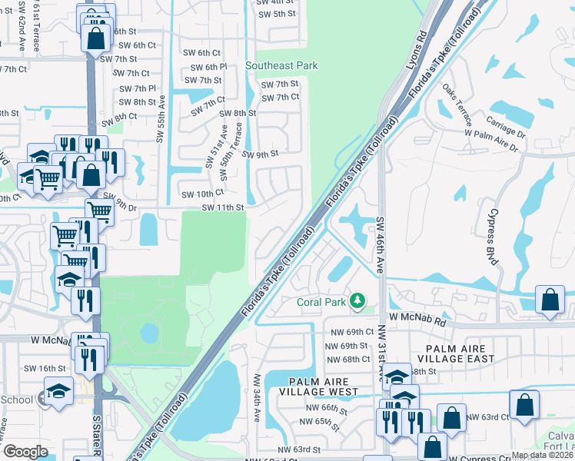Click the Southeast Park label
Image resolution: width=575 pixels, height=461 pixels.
281,66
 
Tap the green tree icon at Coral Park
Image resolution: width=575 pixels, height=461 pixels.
357,300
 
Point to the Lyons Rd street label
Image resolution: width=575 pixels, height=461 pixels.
416,50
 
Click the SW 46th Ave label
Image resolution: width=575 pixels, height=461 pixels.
380,240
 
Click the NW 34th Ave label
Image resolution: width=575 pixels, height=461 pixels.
258,398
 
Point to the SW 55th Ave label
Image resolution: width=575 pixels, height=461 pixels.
161,119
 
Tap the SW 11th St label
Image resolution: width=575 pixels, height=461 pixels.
223,207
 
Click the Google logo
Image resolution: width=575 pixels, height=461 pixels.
26,451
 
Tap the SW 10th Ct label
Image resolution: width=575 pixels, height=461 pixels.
202,193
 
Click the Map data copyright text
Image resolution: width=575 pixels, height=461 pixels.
543,455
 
